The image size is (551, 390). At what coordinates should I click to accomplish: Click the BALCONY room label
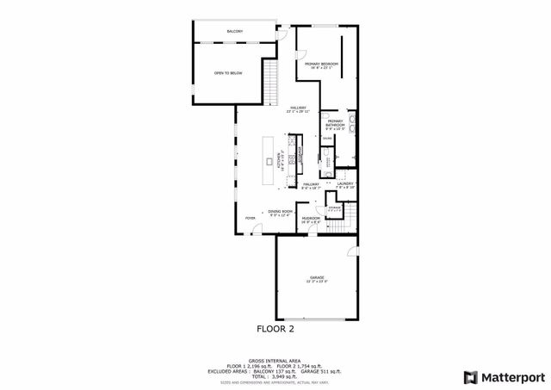click(x=234, y=32)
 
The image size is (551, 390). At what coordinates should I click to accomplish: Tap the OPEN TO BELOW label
click(x=228, y=73)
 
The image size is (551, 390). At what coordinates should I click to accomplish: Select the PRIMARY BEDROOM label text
click(x=321, y=65)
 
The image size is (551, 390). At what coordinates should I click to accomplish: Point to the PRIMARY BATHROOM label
click(x=335, y=124)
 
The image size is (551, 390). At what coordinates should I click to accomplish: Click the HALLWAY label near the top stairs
click(x=299, y=108)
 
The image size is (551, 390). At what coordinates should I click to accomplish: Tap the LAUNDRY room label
click(x=345, y=184)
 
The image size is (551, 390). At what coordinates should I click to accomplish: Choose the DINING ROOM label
click(x=281, y=212)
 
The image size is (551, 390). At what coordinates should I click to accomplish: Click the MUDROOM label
click(x=311, y=219)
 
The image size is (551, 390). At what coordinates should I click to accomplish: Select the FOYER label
click(x=251, y=219)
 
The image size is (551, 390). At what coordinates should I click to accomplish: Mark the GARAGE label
click(x=317, y=278)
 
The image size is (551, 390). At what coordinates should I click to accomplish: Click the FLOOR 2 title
click(x=275, y=329)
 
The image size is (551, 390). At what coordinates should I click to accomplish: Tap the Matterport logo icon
click(x=469, y=376)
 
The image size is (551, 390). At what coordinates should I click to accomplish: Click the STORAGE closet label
click(x=334, y=208)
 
